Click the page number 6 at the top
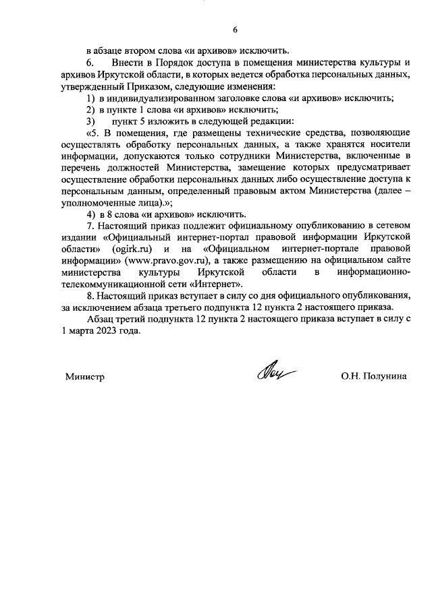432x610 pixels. pyautogui.click(x=236, y=30)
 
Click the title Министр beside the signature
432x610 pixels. pyautogui.click(x=84, y=377)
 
